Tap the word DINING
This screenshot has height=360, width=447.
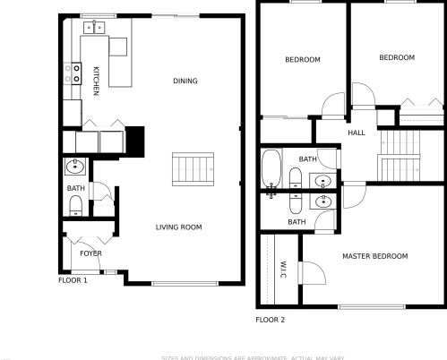pyautogui.click(x=185, y=81)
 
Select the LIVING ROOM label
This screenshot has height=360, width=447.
pyautogui.click(x=178, y=227)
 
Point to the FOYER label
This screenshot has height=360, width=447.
pyautogui.click(x=90, y=253)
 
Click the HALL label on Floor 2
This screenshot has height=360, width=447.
pyautogui.click(x=357, y=133)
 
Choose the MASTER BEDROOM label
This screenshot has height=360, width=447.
pyautogui.click(x=374, y=256)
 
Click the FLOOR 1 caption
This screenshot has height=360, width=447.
pyautogui.click(x=73, y=281)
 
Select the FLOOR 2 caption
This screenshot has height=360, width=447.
pyautogui.click(x=270, y=320)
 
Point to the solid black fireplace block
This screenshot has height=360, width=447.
pyautogui.click(x=135, y=141)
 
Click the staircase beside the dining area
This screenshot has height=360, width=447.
pyautogui.click(x=193, y=167)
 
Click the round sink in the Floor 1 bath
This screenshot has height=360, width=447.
pyautogui.click(x=75, y=167)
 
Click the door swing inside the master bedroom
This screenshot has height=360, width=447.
pyautogui.click(x=314, y=270)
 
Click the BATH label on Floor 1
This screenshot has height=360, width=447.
pyautogui.click(x=75, y=189)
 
